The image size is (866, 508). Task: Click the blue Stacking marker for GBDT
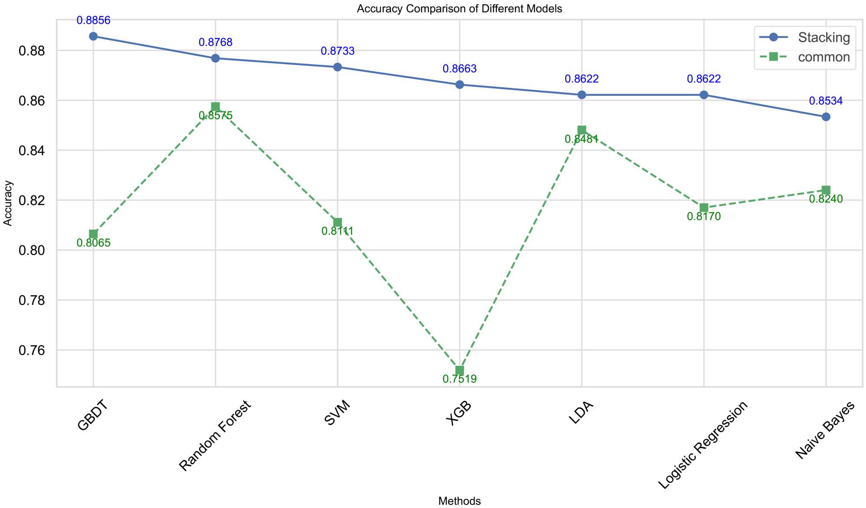[93, 36]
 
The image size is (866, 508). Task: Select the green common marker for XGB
[459, 370]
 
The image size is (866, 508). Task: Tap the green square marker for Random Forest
[215, 107]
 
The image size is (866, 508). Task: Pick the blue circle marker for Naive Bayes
[826, 117]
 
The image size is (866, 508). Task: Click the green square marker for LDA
[582, 130]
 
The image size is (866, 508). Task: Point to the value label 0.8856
[94, 20]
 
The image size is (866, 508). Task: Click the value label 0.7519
[459, 379]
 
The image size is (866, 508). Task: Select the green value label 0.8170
[704, 217]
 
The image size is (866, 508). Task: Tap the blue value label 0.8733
[337, 51]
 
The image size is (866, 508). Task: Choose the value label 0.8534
[826, 101]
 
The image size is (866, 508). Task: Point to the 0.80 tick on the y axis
[32, 251]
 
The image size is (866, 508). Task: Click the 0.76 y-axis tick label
[32, 350]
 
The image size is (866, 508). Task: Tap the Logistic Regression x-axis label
[702, 445]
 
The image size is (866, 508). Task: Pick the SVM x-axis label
[336, 414]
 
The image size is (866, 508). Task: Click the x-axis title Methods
[459, 501]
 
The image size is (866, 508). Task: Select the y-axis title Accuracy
[8, 203]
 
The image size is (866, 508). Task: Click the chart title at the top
[459, 9]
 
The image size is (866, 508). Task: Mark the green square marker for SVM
[337, 222]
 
